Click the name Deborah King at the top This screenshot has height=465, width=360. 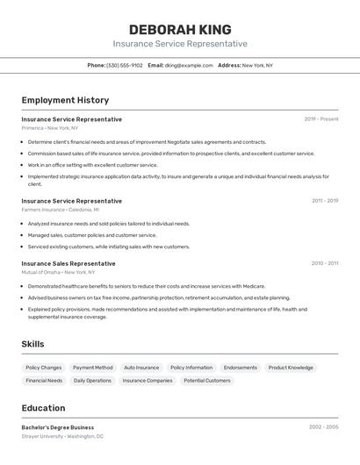[179, 29]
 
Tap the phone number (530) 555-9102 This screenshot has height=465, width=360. [124, 65]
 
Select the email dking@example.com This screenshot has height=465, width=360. [189, 65]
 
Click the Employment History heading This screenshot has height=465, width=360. [65, 100]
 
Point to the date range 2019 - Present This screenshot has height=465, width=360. [320, 119]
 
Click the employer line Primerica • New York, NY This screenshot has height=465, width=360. [50, 128]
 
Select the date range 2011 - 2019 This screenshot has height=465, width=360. [324, 201]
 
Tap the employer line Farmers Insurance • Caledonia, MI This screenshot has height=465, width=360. [61, 210]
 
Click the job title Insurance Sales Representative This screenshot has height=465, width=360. [68, 263]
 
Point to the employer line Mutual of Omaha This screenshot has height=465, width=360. [58, 272]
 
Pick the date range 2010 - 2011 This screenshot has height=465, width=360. [324, 263]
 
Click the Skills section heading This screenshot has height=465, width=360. [32, 344]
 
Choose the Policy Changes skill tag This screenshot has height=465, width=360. [44, 368]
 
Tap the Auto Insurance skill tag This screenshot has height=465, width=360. [141, 368]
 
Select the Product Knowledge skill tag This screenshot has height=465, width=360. [291, 368]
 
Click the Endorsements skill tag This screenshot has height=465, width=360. [241, 368]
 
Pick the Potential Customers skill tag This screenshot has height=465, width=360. [206, 381]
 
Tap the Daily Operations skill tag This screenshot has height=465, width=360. [92, 381]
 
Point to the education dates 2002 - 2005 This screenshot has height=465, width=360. [323, 427]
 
